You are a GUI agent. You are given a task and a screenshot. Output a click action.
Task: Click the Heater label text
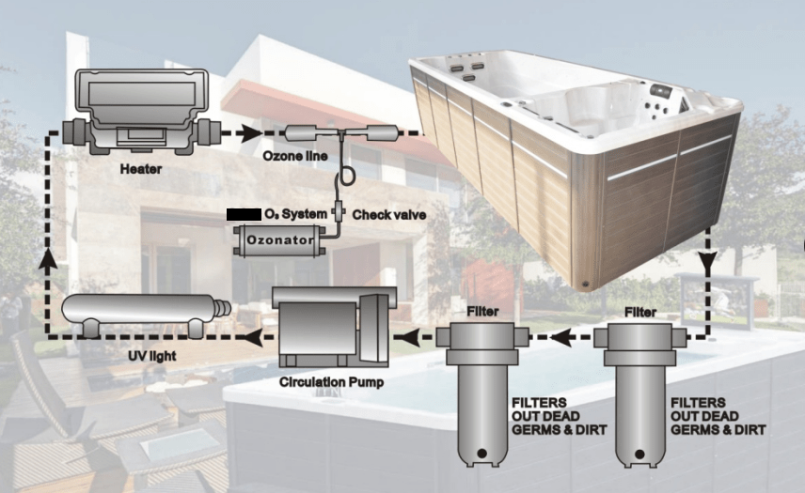tap(142, 170)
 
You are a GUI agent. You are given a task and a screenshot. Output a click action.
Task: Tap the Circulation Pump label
tap(331, 382)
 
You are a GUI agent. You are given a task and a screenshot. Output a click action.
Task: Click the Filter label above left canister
tap(482, 308)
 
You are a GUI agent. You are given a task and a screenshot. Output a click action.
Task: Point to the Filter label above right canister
tap(640, 308)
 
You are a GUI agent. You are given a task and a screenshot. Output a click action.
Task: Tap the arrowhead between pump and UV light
tap(250, 335)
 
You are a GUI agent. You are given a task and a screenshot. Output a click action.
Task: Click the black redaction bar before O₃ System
tap(244, 215)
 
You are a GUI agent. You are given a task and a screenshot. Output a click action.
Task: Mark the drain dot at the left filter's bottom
tap(481, 454)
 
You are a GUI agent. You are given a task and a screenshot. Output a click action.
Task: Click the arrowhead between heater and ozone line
tap(247, 133)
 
